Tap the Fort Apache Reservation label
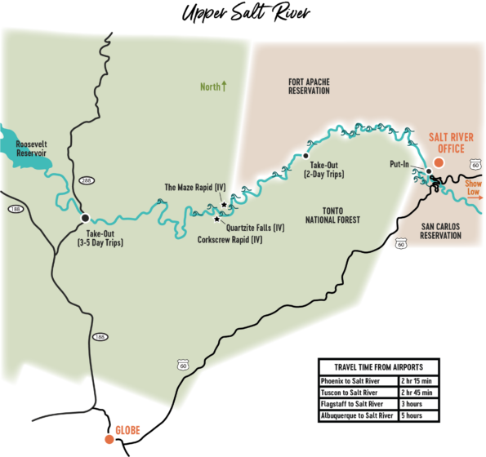[x=309, y=86]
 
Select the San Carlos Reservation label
[x=440, y=231]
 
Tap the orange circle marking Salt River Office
[x=439, y=162]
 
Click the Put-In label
[x=399, y=164]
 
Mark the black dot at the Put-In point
[x=428, y=171]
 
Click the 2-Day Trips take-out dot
[x=305, y=155]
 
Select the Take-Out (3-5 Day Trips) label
[x=100, y=237]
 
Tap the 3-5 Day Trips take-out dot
[x=85, y=218]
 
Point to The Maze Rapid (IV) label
[x=194, y=187]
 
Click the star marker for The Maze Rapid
[x=224, y=204]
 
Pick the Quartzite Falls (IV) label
[x=255, y=227]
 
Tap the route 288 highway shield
[x=87, y=180]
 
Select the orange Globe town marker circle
[x=109, y=439]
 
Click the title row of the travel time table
[x=378, y=366]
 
